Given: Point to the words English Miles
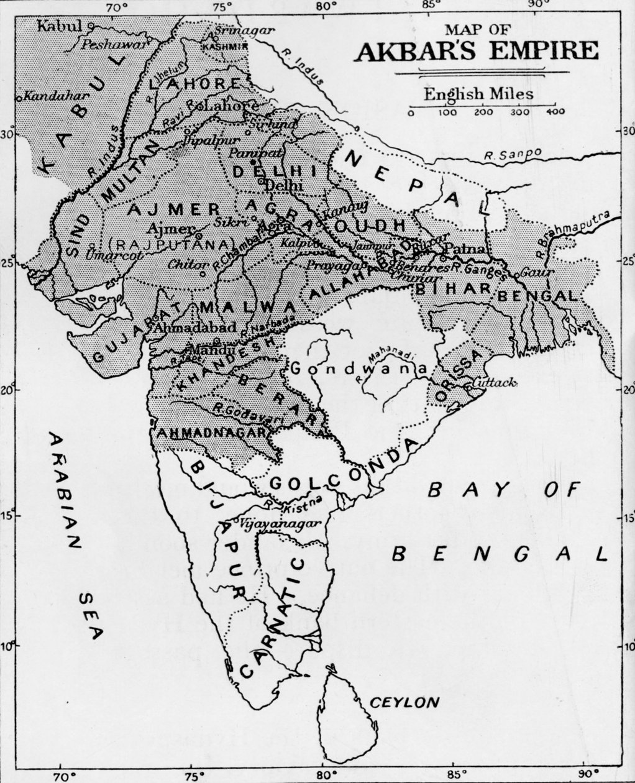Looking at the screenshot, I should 478,94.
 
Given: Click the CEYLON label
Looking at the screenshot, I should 404,703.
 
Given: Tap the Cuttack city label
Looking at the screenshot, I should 494,383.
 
